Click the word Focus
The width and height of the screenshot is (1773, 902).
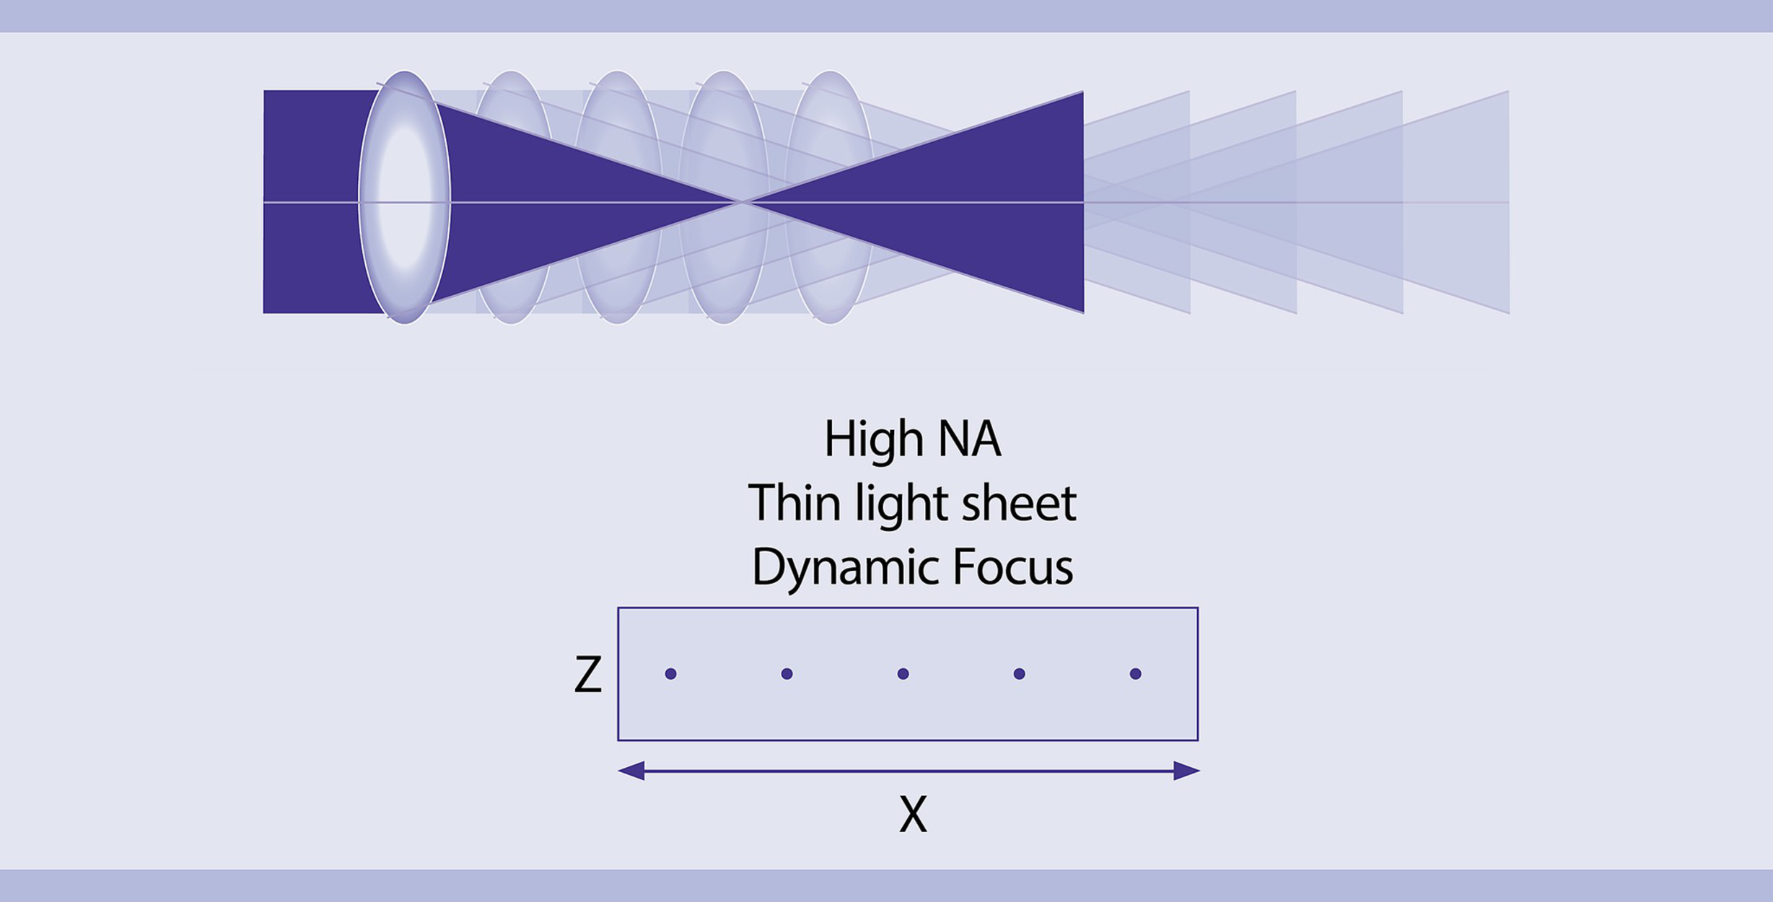coord(1012,567)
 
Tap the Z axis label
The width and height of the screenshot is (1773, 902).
coord(587,675)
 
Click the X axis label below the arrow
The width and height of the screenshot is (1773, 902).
coord(913,815)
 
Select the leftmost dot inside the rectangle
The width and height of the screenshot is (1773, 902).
coord(670,674)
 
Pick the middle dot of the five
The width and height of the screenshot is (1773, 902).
coord(903,674)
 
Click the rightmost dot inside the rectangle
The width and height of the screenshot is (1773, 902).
coord(1135,674)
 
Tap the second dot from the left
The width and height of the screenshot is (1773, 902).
coord(787,674)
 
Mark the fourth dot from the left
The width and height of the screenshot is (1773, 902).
coord(1019,674)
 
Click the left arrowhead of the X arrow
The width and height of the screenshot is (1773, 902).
coord(631,771)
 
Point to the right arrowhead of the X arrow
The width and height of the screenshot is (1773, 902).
coord(1187,771)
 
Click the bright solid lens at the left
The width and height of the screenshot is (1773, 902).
coord(404,197)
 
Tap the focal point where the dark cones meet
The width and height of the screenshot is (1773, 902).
coord(742,202)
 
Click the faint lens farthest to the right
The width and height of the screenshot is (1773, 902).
coord(830,197)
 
